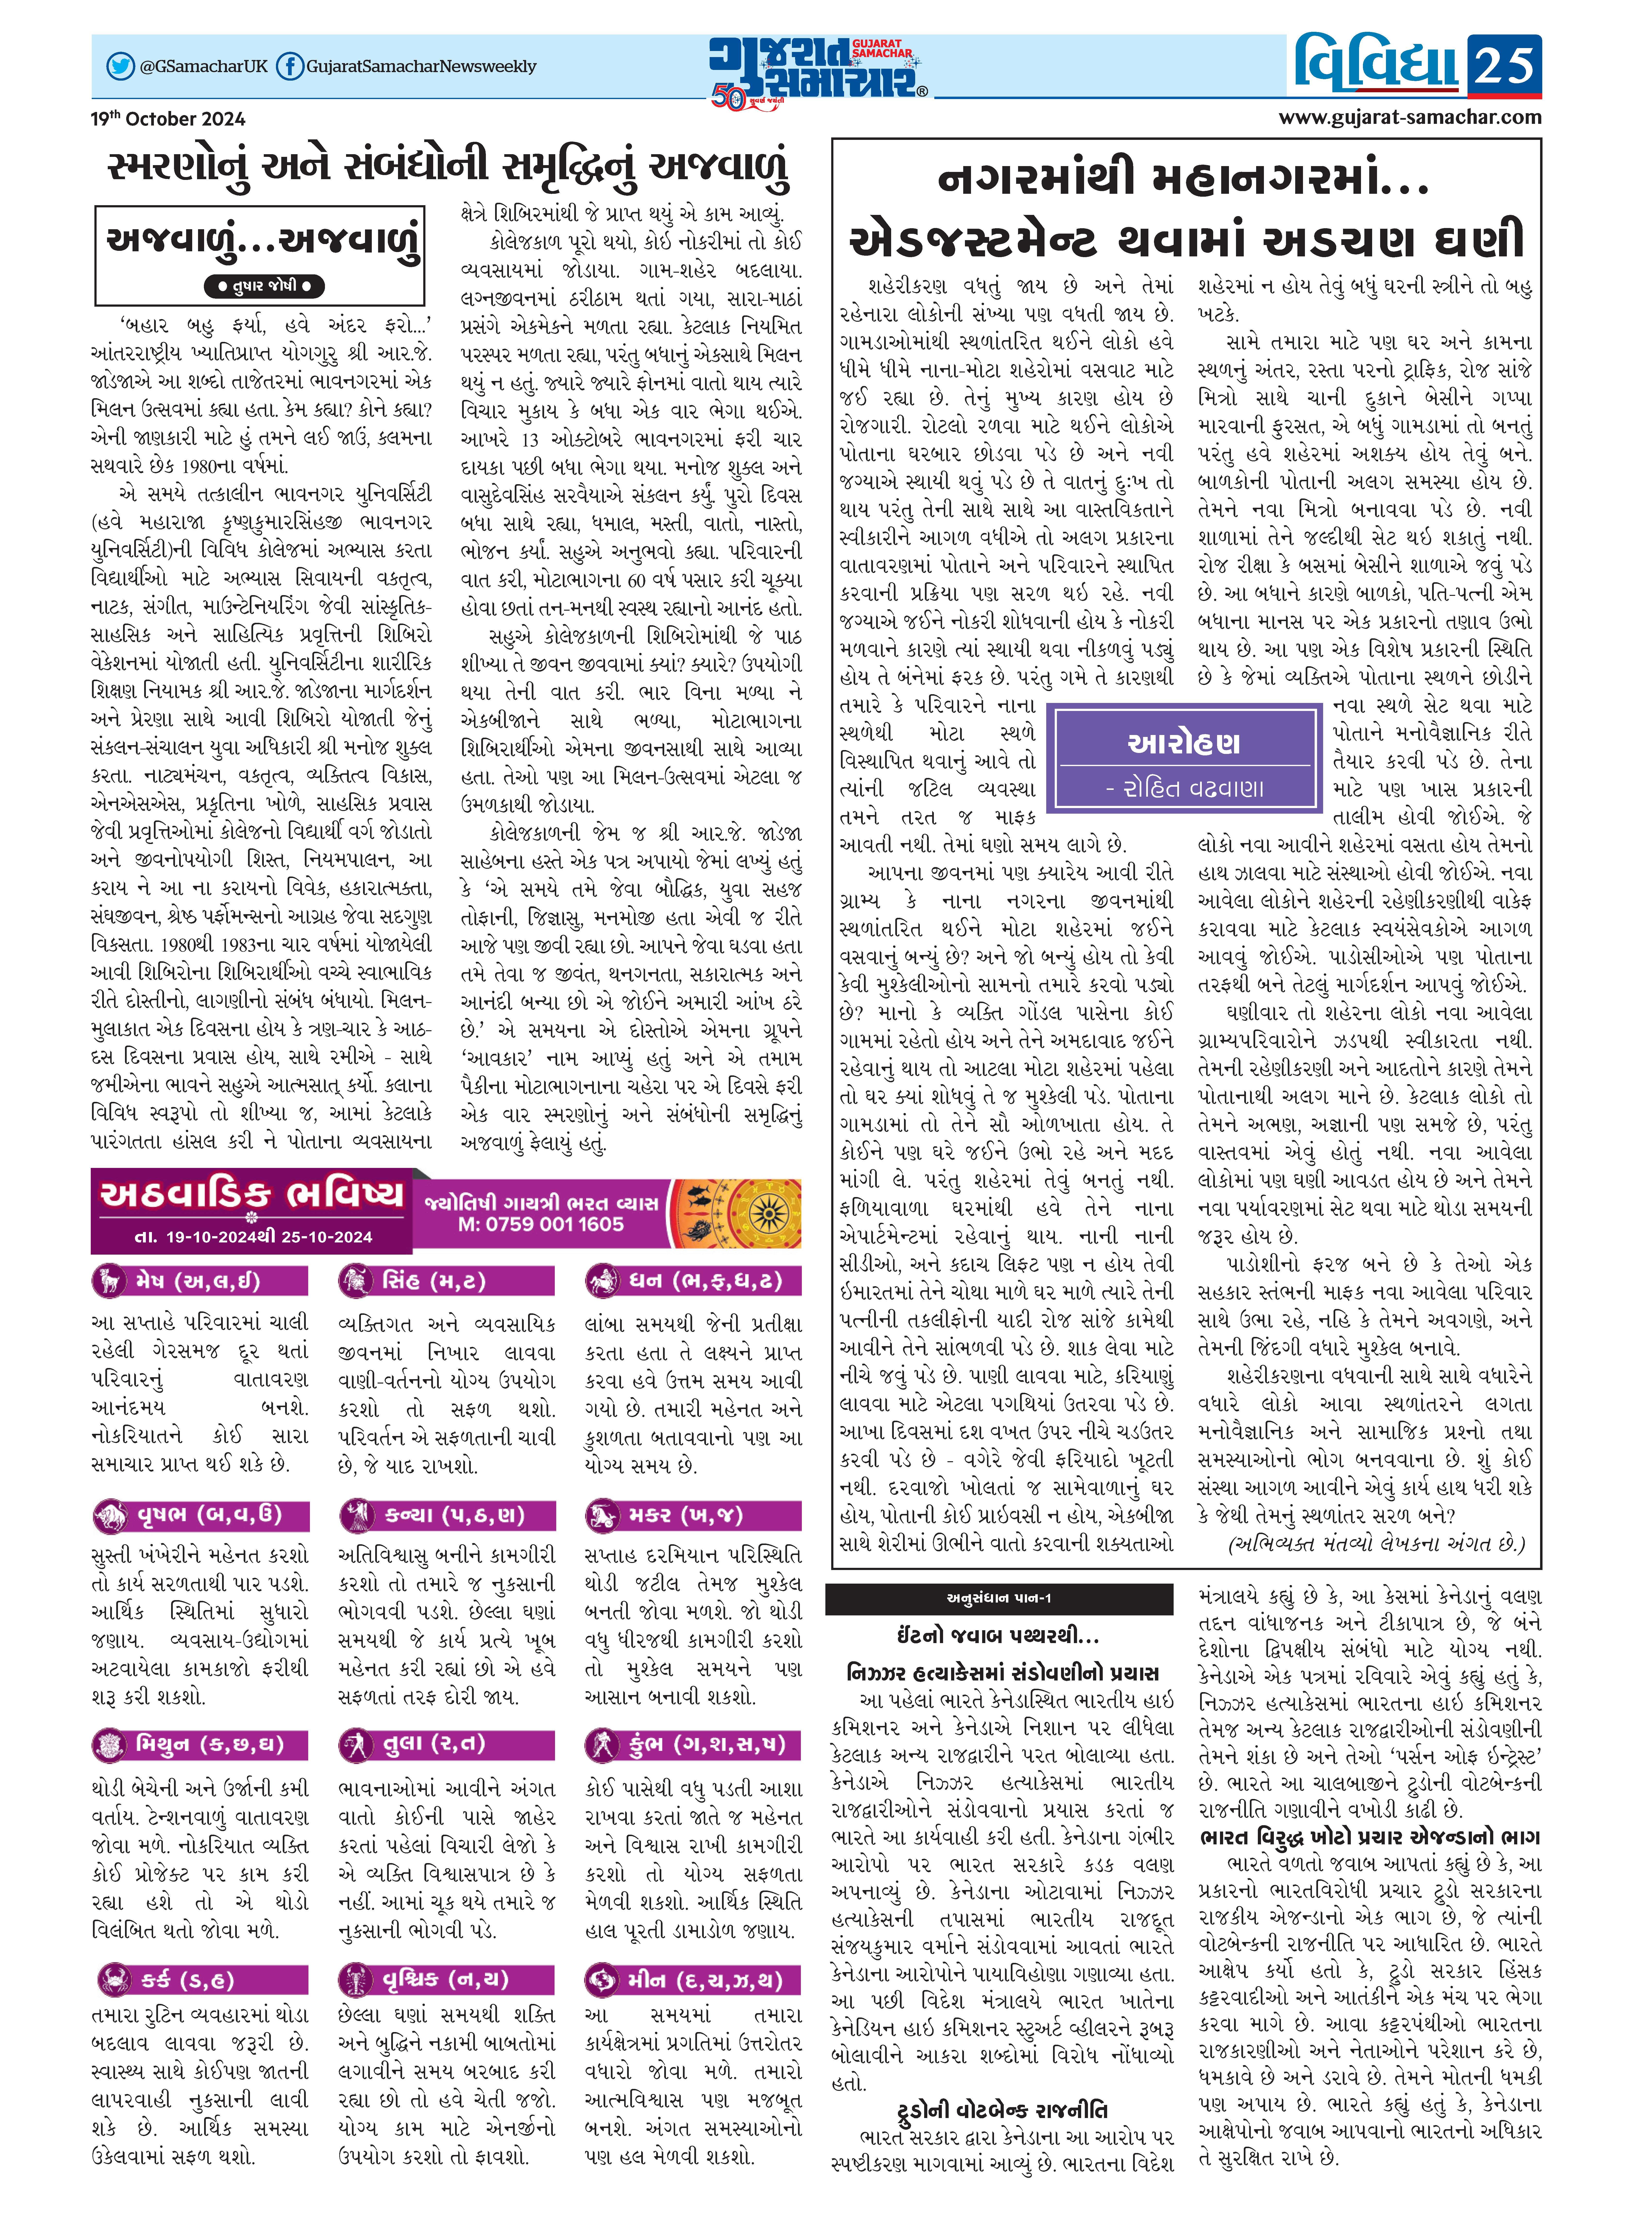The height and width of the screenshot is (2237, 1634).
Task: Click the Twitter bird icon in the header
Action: pos(121,66)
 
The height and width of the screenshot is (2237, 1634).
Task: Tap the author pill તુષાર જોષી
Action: pos(263,286)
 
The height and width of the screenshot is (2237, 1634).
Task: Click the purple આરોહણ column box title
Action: pos(1184,742)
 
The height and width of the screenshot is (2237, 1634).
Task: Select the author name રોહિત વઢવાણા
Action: pos(1184,787)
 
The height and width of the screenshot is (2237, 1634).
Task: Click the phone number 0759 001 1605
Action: pos(541,1224)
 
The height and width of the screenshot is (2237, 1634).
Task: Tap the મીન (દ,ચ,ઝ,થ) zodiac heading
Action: pos(692,1979)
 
